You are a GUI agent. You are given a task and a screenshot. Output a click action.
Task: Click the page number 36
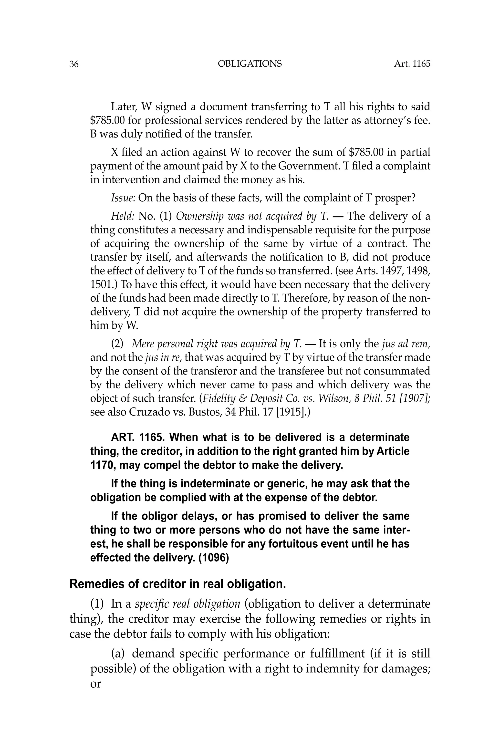coord(74,64)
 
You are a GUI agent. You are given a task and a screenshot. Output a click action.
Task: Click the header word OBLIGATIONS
coord(250,64)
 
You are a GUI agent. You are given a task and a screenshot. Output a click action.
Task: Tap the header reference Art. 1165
coord(412,64)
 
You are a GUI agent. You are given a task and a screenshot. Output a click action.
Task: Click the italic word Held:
coord(122,216)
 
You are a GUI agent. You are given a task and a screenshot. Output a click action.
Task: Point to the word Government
coord(306,166)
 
